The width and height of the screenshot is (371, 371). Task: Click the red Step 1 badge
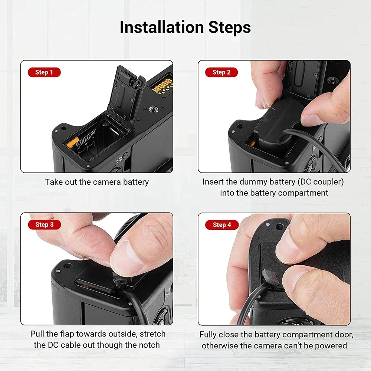tap(44, 72)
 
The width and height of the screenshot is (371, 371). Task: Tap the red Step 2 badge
tap(221, 72)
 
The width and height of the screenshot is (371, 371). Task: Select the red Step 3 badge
tap(45, 224)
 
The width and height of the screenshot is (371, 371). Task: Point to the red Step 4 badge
tap(222, 225)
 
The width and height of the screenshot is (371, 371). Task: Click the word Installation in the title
tap(162, 27)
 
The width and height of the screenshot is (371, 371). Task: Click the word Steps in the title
tap(230, 28)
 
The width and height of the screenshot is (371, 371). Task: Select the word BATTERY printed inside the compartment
tap(86, 139)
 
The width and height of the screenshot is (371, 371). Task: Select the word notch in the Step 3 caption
tap(150, 345)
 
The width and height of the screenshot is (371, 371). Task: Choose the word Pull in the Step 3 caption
tap(37, 334)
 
